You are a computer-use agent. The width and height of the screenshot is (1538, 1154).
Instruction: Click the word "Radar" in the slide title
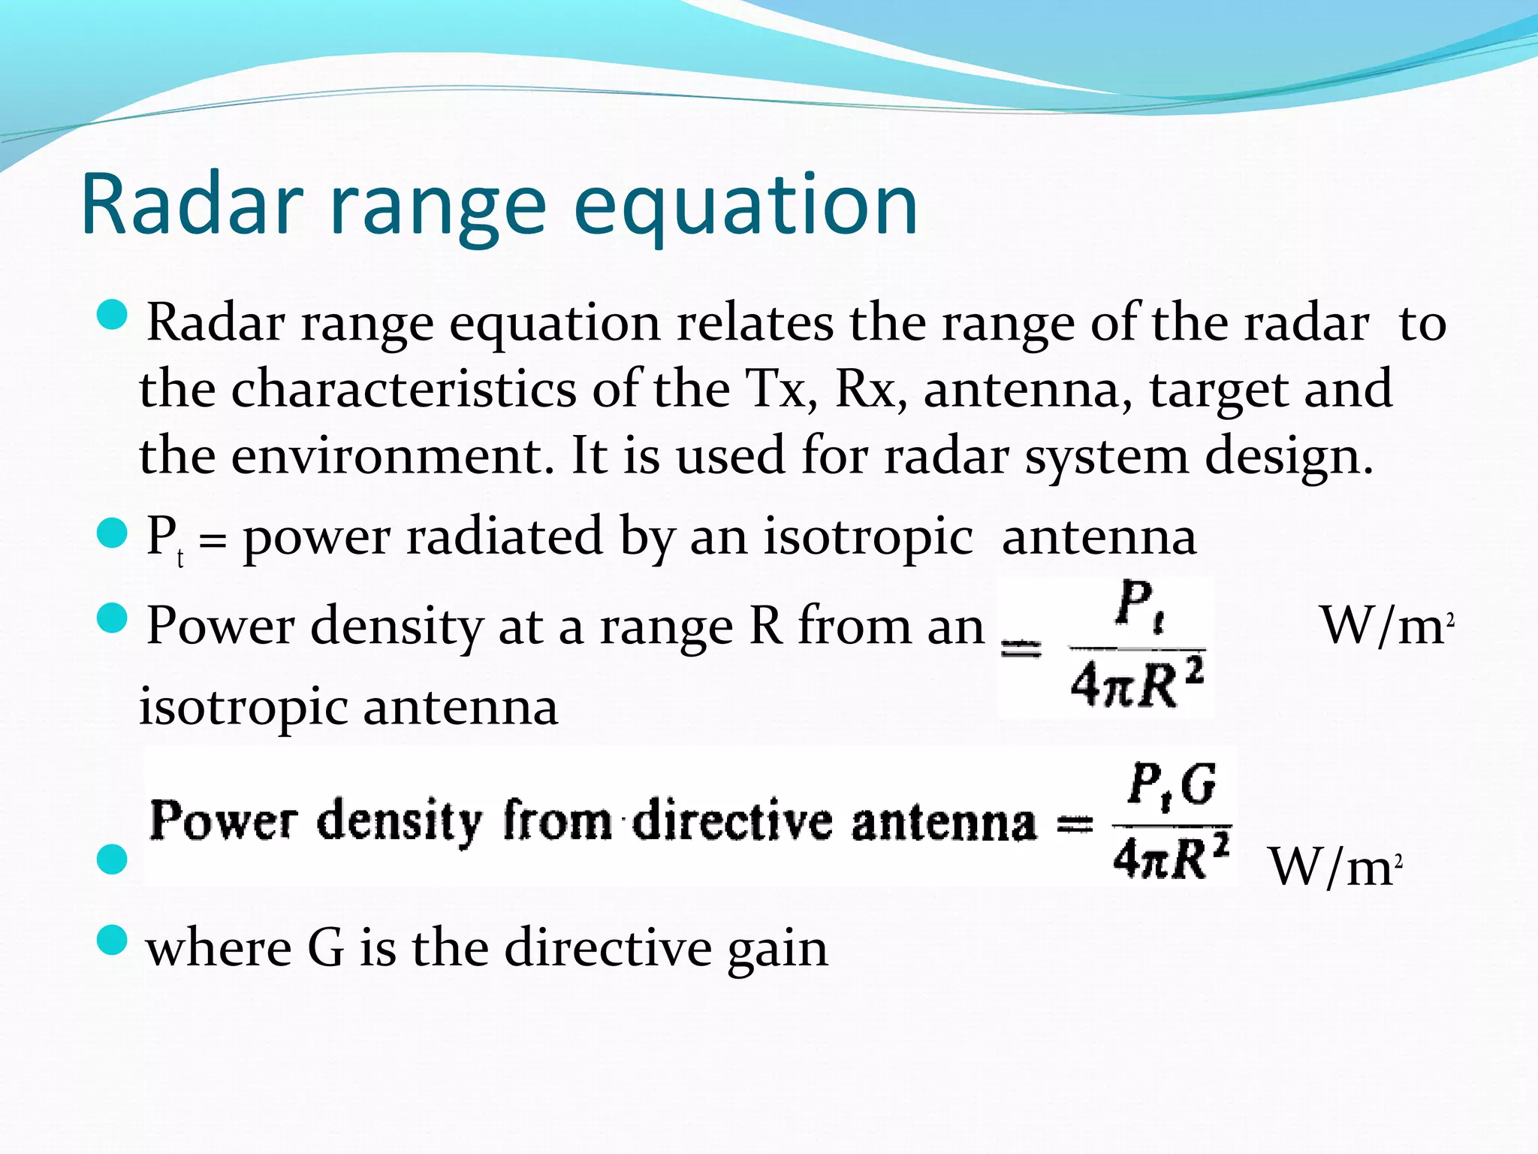(191, 204)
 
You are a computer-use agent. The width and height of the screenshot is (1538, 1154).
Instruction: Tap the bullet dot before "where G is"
(113, 940)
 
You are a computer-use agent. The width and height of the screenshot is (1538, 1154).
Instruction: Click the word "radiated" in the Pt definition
(504, 536)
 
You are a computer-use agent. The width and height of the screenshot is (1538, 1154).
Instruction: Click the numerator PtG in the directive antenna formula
(1172, 786)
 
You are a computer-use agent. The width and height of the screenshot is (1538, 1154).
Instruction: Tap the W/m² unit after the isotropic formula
(1386, 626)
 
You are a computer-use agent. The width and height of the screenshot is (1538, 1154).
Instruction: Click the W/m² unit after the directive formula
(1334, 868)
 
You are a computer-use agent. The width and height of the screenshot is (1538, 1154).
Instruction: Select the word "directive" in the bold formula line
(732, 820)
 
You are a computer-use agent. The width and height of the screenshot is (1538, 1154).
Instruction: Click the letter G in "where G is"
(325, 948)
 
